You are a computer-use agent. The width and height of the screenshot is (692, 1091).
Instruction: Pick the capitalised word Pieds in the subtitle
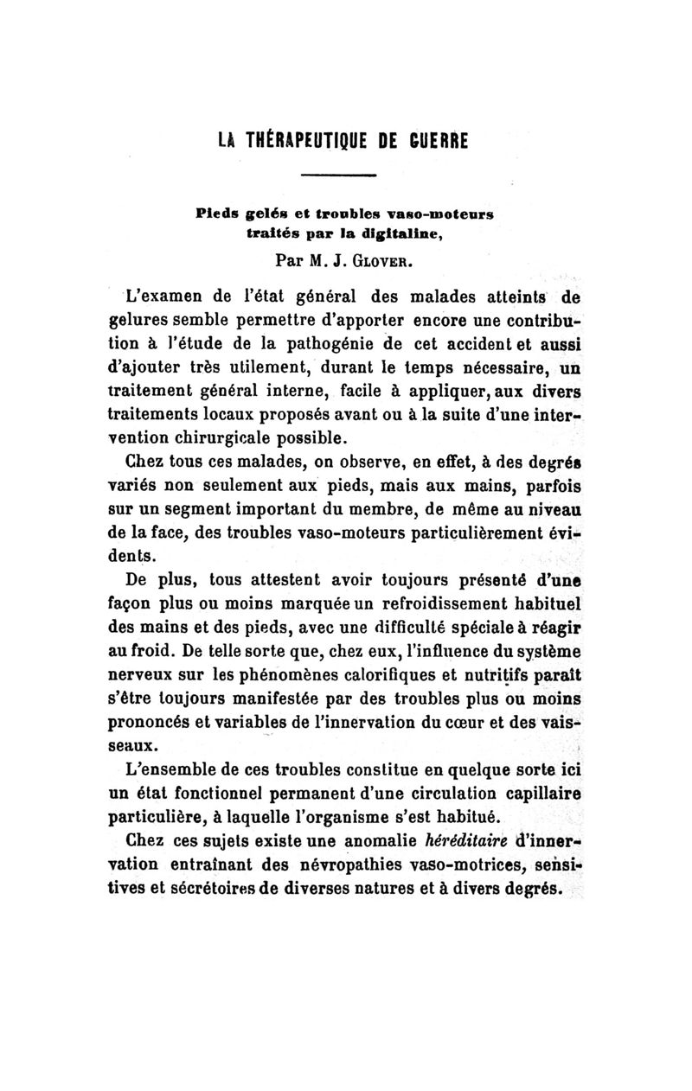pos(221,211)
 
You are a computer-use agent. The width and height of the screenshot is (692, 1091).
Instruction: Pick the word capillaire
pos(535,793)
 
